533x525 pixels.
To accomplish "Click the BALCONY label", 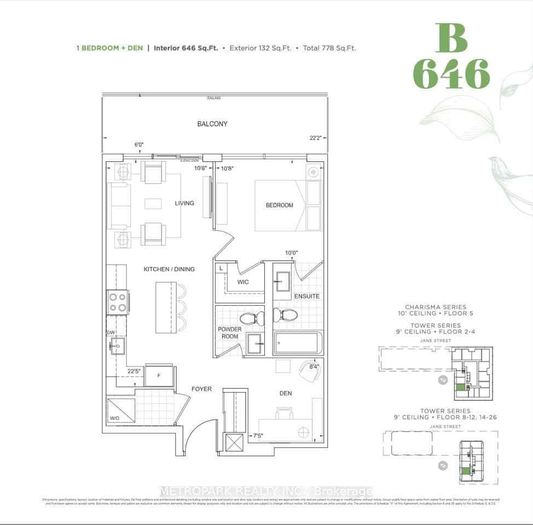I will point(212,124).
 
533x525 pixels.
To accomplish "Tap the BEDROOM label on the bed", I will point(279,205).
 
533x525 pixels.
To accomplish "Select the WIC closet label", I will point(243,282).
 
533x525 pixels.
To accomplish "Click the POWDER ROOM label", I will point(230,332).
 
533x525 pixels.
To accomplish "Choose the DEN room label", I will point(285,393).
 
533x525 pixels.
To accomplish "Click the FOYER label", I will point(201,389).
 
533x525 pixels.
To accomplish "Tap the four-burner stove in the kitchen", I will point(117,302).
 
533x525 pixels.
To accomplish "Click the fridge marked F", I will point(159,376).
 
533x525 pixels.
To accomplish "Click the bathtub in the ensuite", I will point(296,343).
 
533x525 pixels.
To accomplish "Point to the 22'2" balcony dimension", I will point(315,138).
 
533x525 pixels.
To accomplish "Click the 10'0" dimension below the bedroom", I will point(291,253).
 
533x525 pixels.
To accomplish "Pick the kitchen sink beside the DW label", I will point(117,346).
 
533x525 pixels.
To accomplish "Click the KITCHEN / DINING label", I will point(169,269).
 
